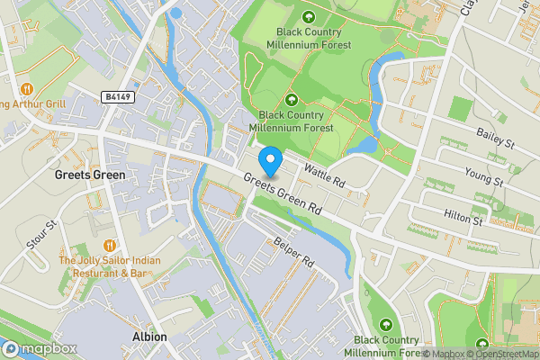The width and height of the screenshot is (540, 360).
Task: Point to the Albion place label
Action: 149,337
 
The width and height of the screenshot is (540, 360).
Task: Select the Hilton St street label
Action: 464,217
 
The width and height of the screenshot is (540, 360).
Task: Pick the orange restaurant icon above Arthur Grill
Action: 26,88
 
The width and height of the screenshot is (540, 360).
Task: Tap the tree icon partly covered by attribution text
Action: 483,346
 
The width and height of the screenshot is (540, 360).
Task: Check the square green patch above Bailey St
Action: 460,110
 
